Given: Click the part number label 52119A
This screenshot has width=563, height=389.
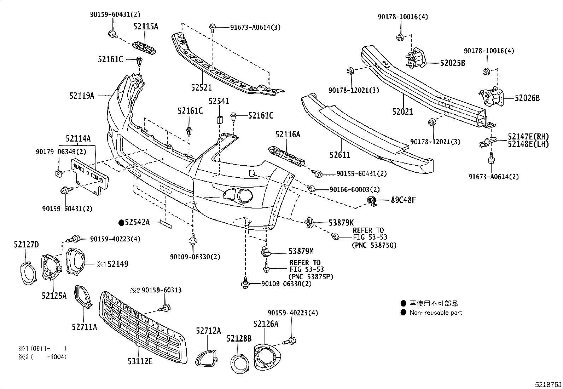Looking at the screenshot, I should (82, 96).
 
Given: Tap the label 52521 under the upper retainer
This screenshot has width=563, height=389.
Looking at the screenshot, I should (201, 88).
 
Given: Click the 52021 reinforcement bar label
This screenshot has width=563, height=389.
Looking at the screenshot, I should (402, 112).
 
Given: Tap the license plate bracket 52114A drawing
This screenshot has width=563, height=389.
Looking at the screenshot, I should (91, 176).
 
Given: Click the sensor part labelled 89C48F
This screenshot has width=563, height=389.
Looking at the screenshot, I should (372, 201).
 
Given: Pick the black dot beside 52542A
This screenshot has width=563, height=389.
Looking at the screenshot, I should (121, 222).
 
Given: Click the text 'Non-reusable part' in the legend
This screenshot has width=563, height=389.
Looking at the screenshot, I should (436, 313).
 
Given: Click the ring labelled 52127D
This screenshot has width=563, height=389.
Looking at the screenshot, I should (27, 273).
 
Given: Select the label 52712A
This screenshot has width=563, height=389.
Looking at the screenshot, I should (208, 331).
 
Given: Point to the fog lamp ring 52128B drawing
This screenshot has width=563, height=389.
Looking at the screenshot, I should (239, 363).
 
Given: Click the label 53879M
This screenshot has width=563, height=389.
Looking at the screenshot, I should (301, 251).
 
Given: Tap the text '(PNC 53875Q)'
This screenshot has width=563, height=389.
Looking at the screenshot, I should (374, 245).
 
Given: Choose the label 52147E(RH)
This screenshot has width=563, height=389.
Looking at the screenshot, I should (528, 137).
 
